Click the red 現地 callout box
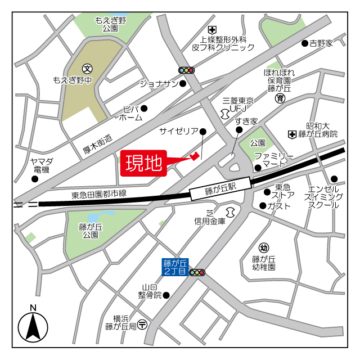pyautogui.click(x=143, y=164)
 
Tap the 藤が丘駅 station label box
pyautogui.click(x=220, y=190)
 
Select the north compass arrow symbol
pyautogui.click(x=33, y=325)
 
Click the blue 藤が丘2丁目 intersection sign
pyautogui.click(x=175, y=267)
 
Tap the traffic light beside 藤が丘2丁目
pyautogui.click(x=197, y=273)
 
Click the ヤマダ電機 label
pyautogui.click(x=41, y=165)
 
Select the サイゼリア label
pyautogui.click(x=178, y=132)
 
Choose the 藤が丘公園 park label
pyautogui.click(x=91, y=231)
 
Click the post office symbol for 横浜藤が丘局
pyautogui.click(x=143, y=325)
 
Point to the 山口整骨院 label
pyautogui.click(x=151, y=291)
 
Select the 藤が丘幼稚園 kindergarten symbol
pyautogui.click(x=263, y=248)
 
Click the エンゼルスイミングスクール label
pyautogui.click(x=323, y=197)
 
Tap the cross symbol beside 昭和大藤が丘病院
pyautogui.click(x=292, y=134)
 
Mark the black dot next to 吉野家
pyautogui.click(x=304, y=43)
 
